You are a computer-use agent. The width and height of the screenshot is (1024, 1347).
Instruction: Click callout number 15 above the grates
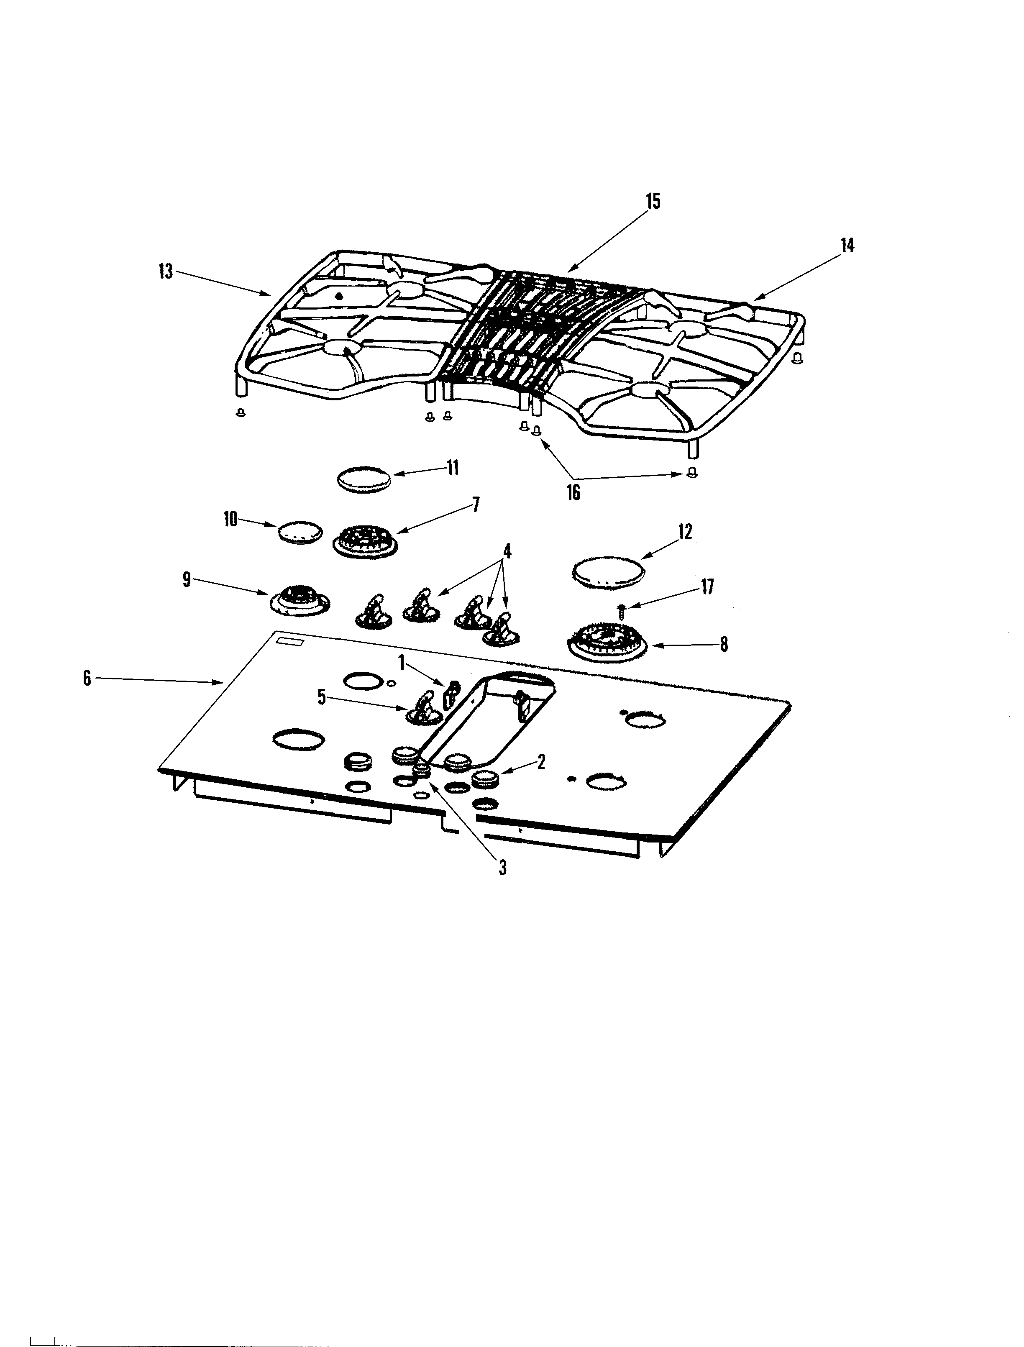pyautogui.click(x=653, y=201)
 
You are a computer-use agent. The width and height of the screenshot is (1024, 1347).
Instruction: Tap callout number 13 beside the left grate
pyautogui.click(x=166, y=271)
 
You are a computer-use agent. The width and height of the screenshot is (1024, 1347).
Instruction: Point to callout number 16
pyautogui.click(x=573, y=492)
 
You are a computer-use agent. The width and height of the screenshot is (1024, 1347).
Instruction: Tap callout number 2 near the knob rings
pyautogui.click(x=540, y=762)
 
